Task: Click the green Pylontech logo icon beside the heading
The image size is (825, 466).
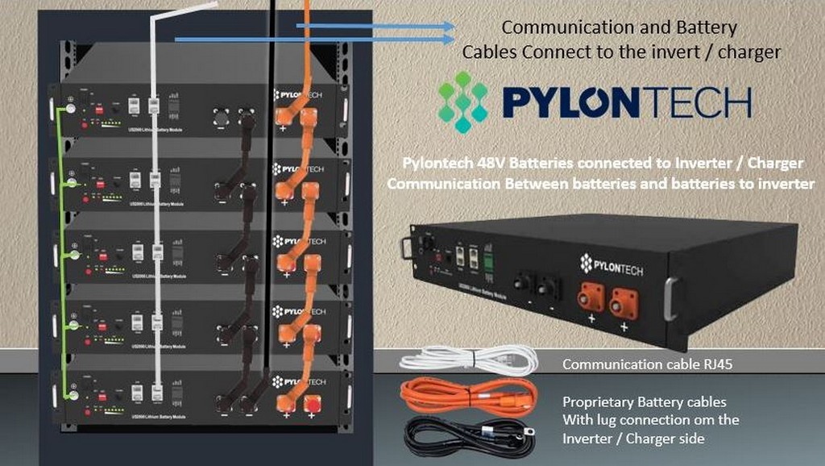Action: (463, 102)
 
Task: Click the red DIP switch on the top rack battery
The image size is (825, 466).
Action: (100, 108)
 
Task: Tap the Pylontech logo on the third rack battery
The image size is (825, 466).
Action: (299, 241)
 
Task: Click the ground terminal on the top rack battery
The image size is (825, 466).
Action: (71, 108)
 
